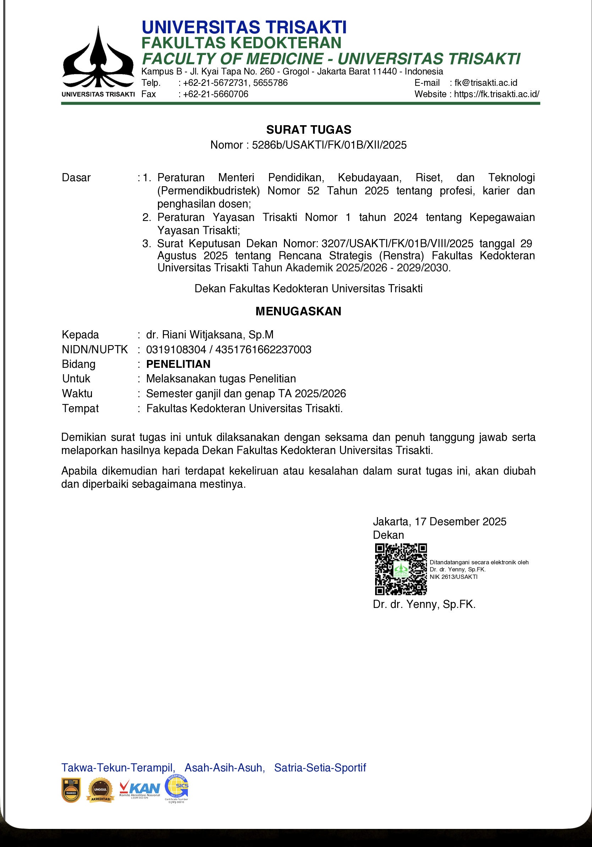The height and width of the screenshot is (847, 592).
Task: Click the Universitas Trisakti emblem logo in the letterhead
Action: (x=98, y=59)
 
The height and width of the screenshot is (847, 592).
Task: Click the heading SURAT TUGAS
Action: (x=308, y=129)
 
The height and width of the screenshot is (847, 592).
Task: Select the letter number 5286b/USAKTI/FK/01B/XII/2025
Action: (x=329, y=145)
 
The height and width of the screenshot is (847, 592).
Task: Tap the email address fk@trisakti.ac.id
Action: (x=486, y=83)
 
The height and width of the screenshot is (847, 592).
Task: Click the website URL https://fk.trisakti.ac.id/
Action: (x=497, y=94)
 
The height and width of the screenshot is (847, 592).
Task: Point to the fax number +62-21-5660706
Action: (x=215, y=94)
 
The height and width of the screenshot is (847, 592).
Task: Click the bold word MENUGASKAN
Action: (x=298, y=311)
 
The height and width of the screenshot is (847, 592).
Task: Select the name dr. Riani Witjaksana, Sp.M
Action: (x=210, y=334)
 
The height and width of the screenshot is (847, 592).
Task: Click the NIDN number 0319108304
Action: (x=176, y=349)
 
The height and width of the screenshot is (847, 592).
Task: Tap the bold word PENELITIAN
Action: (x=178, y=364)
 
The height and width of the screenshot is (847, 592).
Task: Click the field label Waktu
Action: (x=77, y=393)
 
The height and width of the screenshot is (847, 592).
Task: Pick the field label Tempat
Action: (x=81, y=408)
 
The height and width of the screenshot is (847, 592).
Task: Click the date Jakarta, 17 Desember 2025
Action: (x=439, y=522)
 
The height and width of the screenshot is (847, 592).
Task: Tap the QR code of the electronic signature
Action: (x=401, y=569)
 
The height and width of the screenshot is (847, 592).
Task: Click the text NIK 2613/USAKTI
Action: (x=453, y=577)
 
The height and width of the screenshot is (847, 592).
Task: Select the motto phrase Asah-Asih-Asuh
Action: (x=224, y=768)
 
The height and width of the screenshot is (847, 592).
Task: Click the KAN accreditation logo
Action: (x=140, y=790)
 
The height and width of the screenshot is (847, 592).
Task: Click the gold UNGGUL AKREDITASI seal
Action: (x=100, y=790)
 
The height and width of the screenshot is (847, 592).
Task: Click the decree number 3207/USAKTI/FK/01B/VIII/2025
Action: (x=397, y=243)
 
